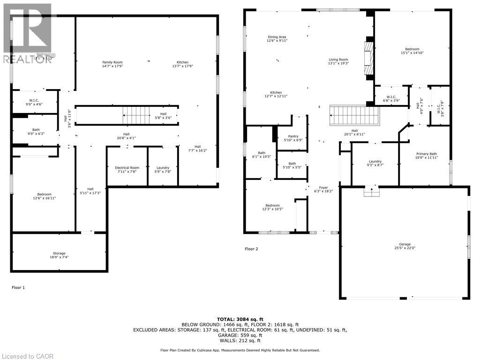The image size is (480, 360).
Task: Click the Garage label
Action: click(405, 244)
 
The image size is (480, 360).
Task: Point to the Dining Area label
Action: click(277, 37)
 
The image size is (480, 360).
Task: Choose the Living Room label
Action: click(338, 60)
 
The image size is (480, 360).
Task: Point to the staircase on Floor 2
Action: click(354, 113)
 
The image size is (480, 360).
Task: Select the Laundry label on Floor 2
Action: click(375, 161)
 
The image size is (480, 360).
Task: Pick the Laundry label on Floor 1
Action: click(163, 167)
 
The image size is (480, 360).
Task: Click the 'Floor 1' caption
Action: click(18, 287)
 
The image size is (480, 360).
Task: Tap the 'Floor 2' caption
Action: click(251, 249)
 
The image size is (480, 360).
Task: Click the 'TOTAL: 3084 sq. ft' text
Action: click(240, 319)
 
